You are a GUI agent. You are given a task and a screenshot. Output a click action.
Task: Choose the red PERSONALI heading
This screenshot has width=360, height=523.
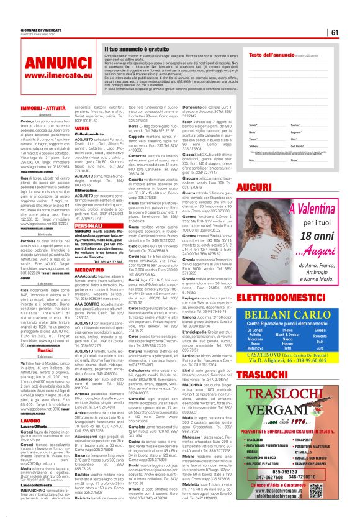88,226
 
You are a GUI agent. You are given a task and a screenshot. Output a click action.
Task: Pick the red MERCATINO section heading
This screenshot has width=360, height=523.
89,271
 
